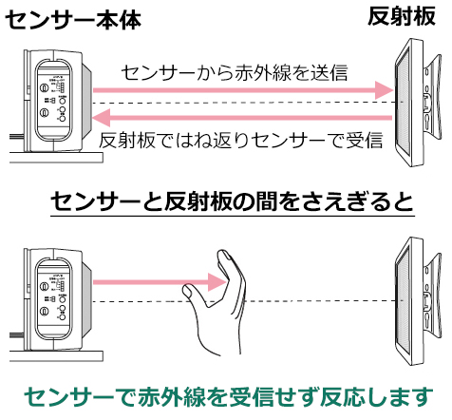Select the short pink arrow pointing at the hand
tap(152, 282)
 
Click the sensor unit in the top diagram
tap(53, 95)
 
